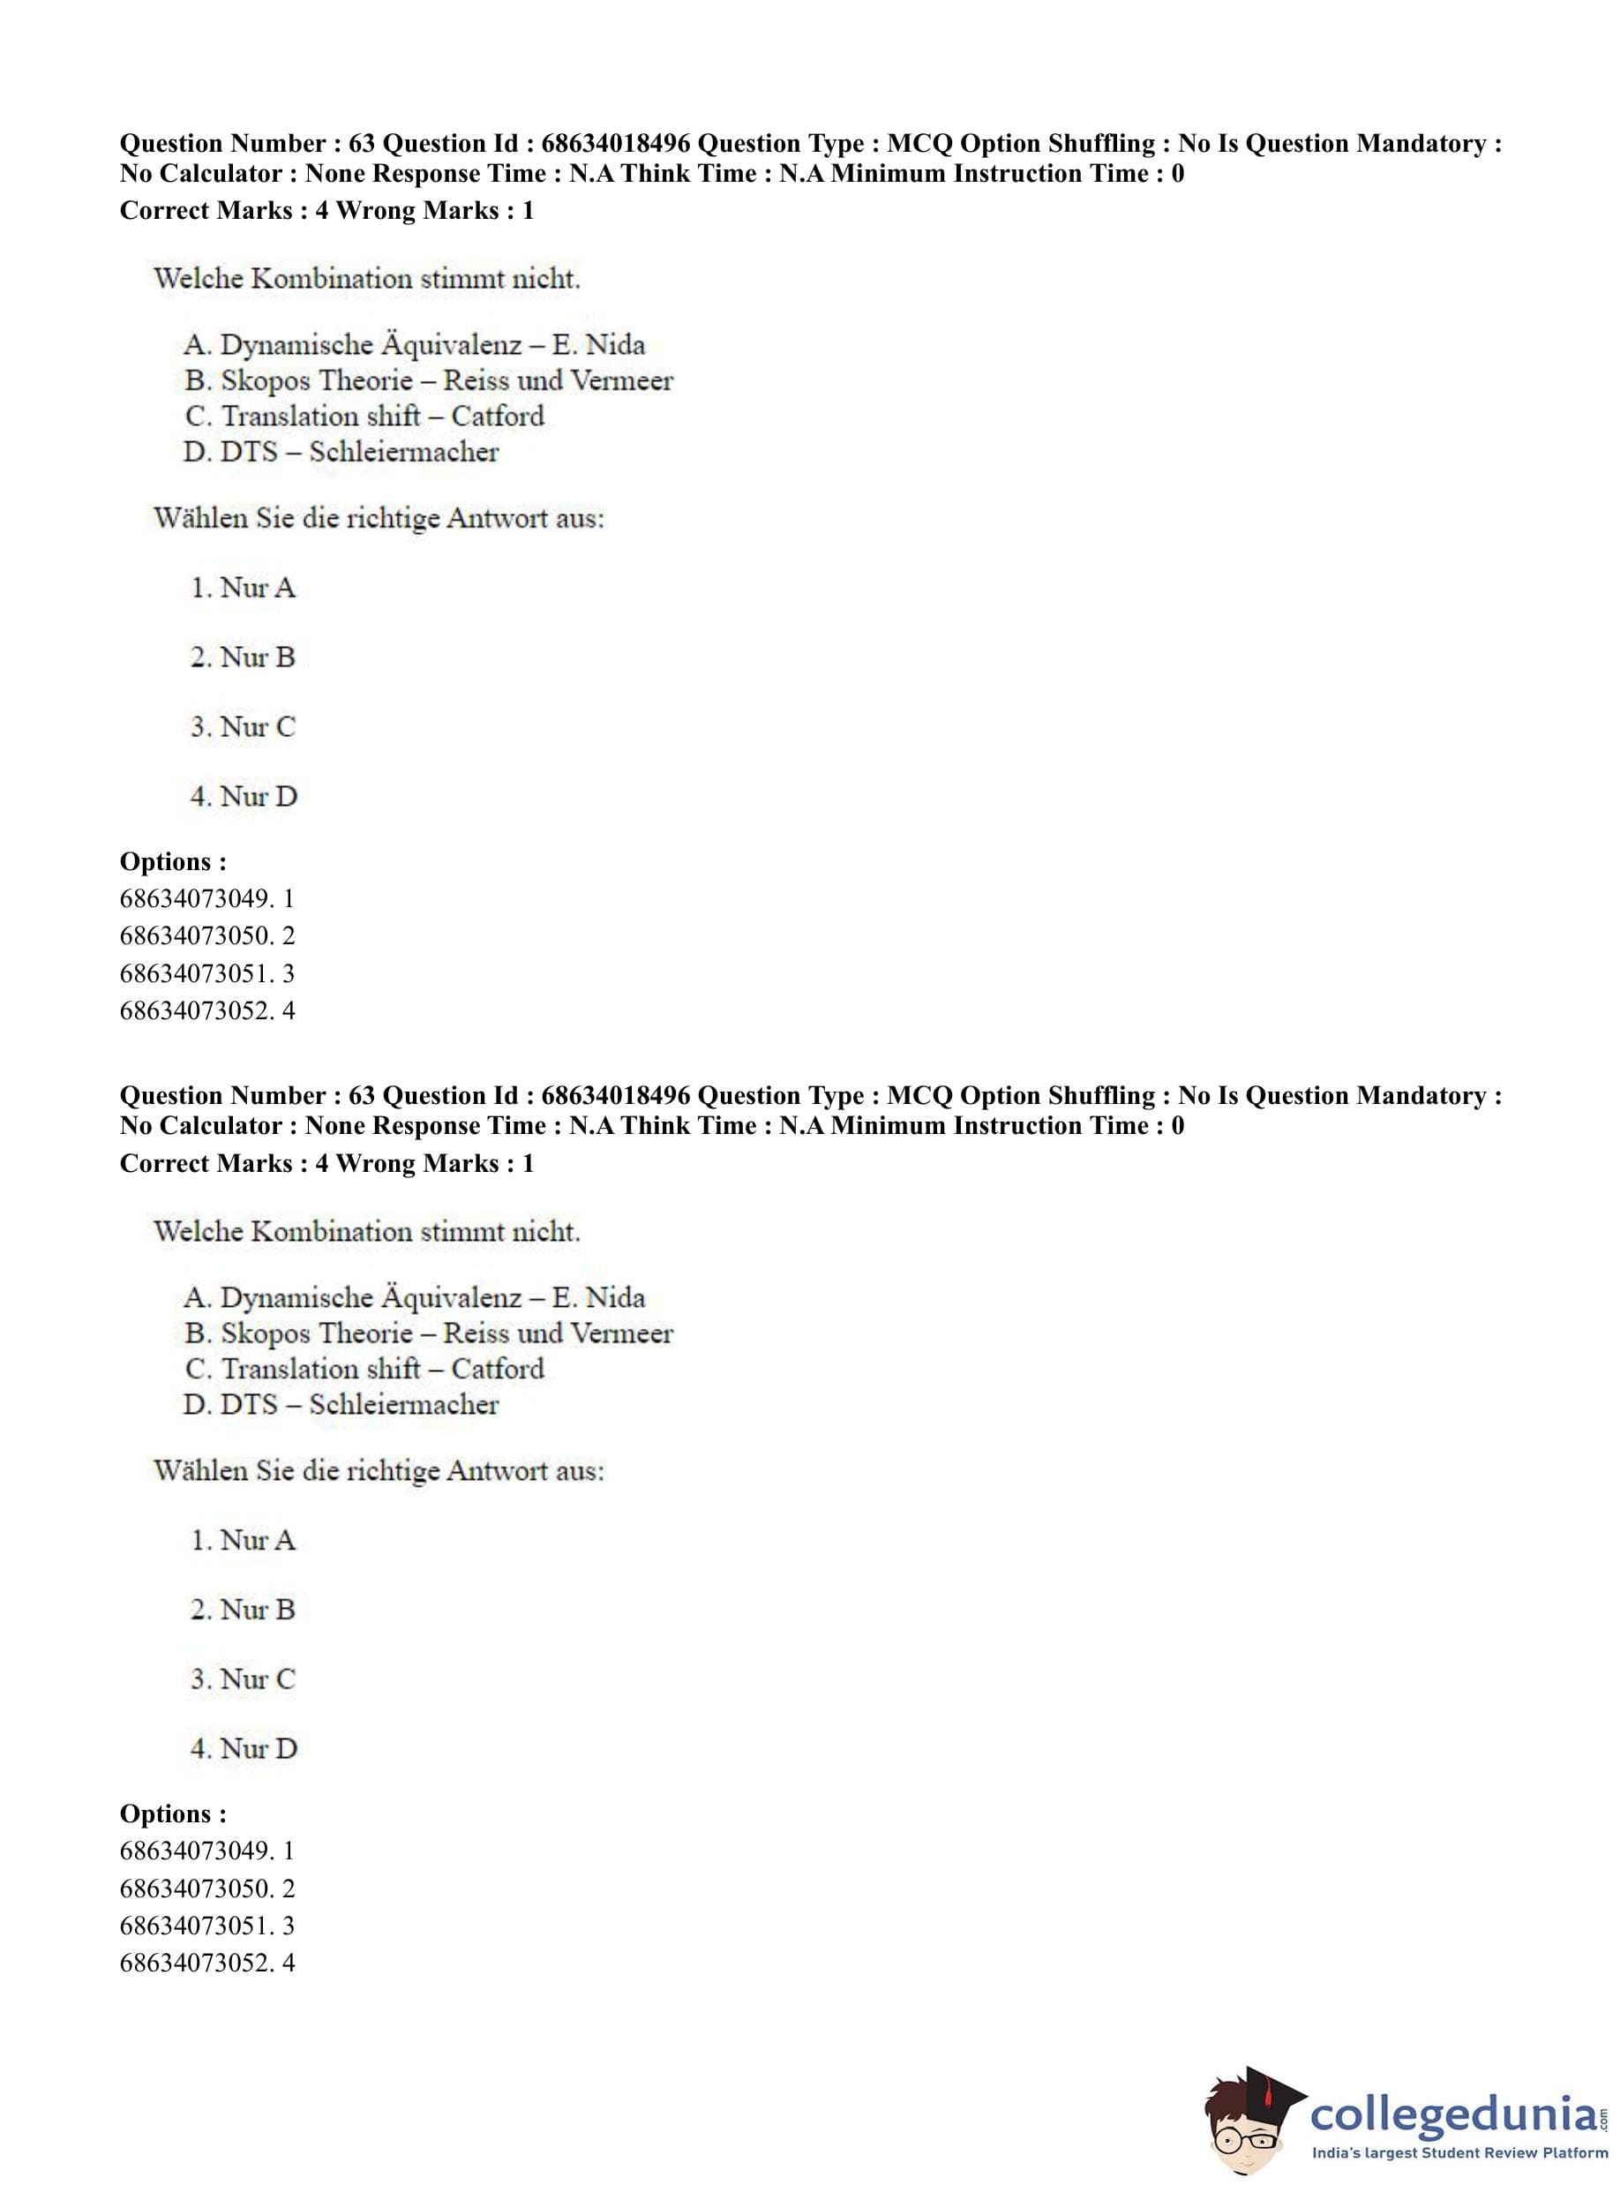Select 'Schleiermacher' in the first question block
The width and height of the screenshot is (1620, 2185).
pyautogui.click(x=403, y=452)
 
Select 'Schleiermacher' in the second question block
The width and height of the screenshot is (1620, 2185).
pyautogui.click(x=403, y=1404)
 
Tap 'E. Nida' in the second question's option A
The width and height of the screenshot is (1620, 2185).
pyautogui.click(x=598, y=1297)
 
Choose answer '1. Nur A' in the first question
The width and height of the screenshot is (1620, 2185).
pyautogui.click(x=243, y=588)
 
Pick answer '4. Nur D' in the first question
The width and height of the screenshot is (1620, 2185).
pyautogui.click(x=244, y=796)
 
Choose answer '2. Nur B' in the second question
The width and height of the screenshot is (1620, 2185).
pyautogui.click(x=243, y=1610)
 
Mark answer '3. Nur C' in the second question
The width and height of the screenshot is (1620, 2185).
pyautogui.click(x=243, y=1679)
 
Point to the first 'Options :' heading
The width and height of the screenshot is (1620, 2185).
pyautogui.click(x=173, y=861)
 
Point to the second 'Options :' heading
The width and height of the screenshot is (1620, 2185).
pyautogui.click(x=173, y=1813)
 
